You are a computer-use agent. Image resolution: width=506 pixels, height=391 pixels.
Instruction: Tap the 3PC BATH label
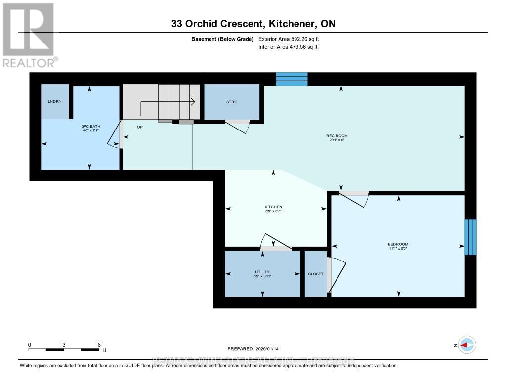pos(91,127)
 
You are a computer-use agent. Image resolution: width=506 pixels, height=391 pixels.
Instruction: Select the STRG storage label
pos(232,102)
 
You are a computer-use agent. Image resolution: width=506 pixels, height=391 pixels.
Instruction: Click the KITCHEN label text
pos(273,207)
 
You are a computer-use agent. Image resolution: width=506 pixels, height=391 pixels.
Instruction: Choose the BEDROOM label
pos(398,244)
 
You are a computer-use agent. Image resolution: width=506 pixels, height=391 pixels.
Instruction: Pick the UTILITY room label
pos(262,272)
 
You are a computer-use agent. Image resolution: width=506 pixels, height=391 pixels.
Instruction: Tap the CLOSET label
pos(315,274)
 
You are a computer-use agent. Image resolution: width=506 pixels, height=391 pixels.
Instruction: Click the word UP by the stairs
pos(140,127)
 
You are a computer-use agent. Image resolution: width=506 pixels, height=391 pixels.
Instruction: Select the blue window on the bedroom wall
pos(471,237)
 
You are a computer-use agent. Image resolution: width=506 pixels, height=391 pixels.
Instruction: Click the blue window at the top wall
pos(292,79)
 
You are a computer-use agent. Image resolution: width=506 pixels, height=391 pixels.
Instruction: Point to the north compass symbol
pos(466,345)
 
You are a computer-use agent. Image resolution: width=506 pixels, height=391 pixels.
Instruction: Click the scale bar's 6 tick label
pos(99,345)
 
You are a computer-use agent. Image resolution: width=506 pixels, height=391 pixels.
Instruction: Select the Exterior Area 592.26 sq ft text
pos(292,39)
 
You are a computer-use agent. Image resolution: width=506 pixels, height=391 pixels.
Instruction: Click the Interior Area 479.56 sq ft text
pos(288,47)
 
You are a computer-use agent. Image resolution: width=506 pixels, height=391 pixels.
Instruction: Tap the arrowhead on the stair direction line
pos(194,102)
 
